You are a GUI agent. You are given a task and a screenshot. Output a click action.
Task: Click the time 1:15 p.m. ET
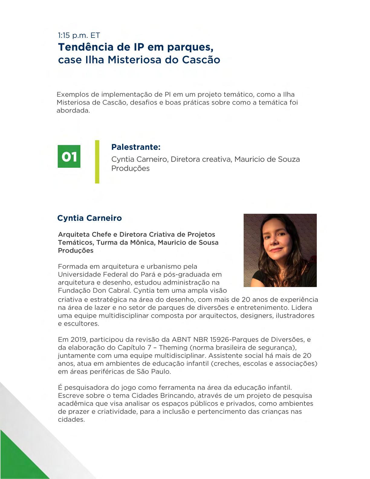pos(79,35)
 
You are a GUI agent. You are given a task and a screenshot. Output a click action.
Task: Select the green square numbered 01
pos(69,157)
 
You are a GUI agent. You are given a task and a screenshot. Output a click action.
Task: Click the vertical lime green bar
pos(97,162)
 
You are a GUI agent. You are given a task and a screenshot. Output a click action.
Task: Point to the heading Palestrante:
pos(136,147)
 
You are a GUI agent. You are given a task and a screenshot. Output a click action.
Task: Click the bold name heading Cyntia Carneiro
pos(89,218)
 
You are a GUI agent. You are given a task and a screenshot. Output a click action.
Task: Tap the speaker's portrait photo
pos(280,250)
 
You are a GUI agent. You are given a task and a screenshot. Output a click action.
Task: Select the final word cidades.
pos(71,420)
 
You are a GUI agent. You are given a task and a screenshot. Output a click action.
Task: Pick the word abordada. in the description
pos(73,111)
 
